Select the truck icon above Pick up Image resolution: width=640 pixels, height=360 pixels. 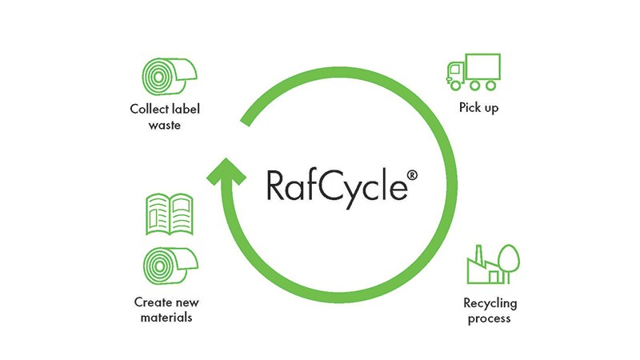tap(471, 71)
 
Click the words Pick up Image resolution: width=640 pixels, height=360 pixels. tap(478, 107)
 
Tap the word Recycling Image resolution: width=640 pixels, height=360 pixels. tap(490, 303)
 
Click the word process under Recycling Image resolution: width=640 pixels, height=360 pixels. tap(490, 318)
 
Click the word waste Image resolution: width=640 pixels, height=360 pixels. tap(164, 124)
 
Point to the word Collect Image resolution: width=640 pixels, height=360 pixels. tap(146, 109)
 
